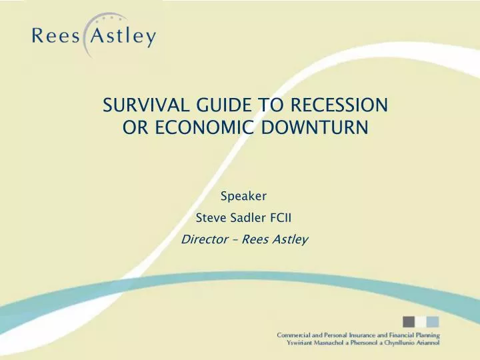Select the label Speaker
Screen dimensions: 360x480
click(243, 196)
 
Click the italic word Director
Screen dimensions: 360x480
click(201, 239)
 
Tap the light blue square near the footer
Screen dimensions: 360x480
click(432, 322)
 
